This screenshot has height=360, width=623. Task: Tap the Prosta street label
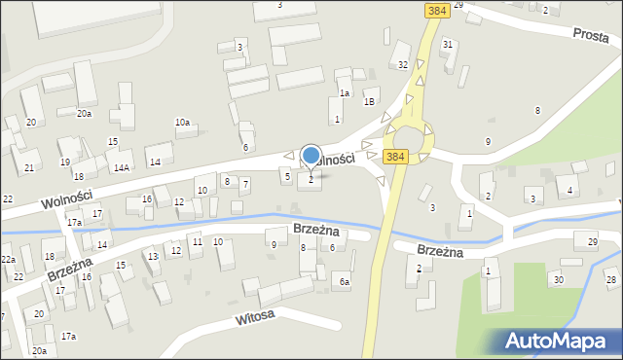590,34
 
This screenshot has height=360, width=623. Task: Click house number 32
403,65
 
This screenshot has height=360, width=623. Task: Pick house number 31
447,45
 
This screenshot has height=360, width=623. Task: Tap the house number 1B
369,101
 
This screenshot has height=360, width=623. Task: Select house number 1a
345,93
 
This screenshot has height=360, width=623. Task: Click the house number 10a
182,122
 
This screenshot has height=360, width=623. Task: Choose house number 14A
122,167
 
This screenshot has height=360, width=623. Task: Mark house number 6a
344,282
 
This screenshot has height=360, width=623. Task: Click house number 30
557,280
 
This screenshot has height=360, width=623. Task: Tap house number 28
610,280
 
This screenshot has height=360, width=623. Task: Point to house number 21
29,168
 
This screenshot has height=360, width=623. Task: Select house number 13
153,257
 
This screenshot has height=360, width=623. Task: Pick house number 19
64,162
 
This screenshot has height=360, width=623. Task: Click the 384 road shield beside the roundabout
394,156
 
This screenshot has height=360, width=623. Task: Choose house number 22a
8,260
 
